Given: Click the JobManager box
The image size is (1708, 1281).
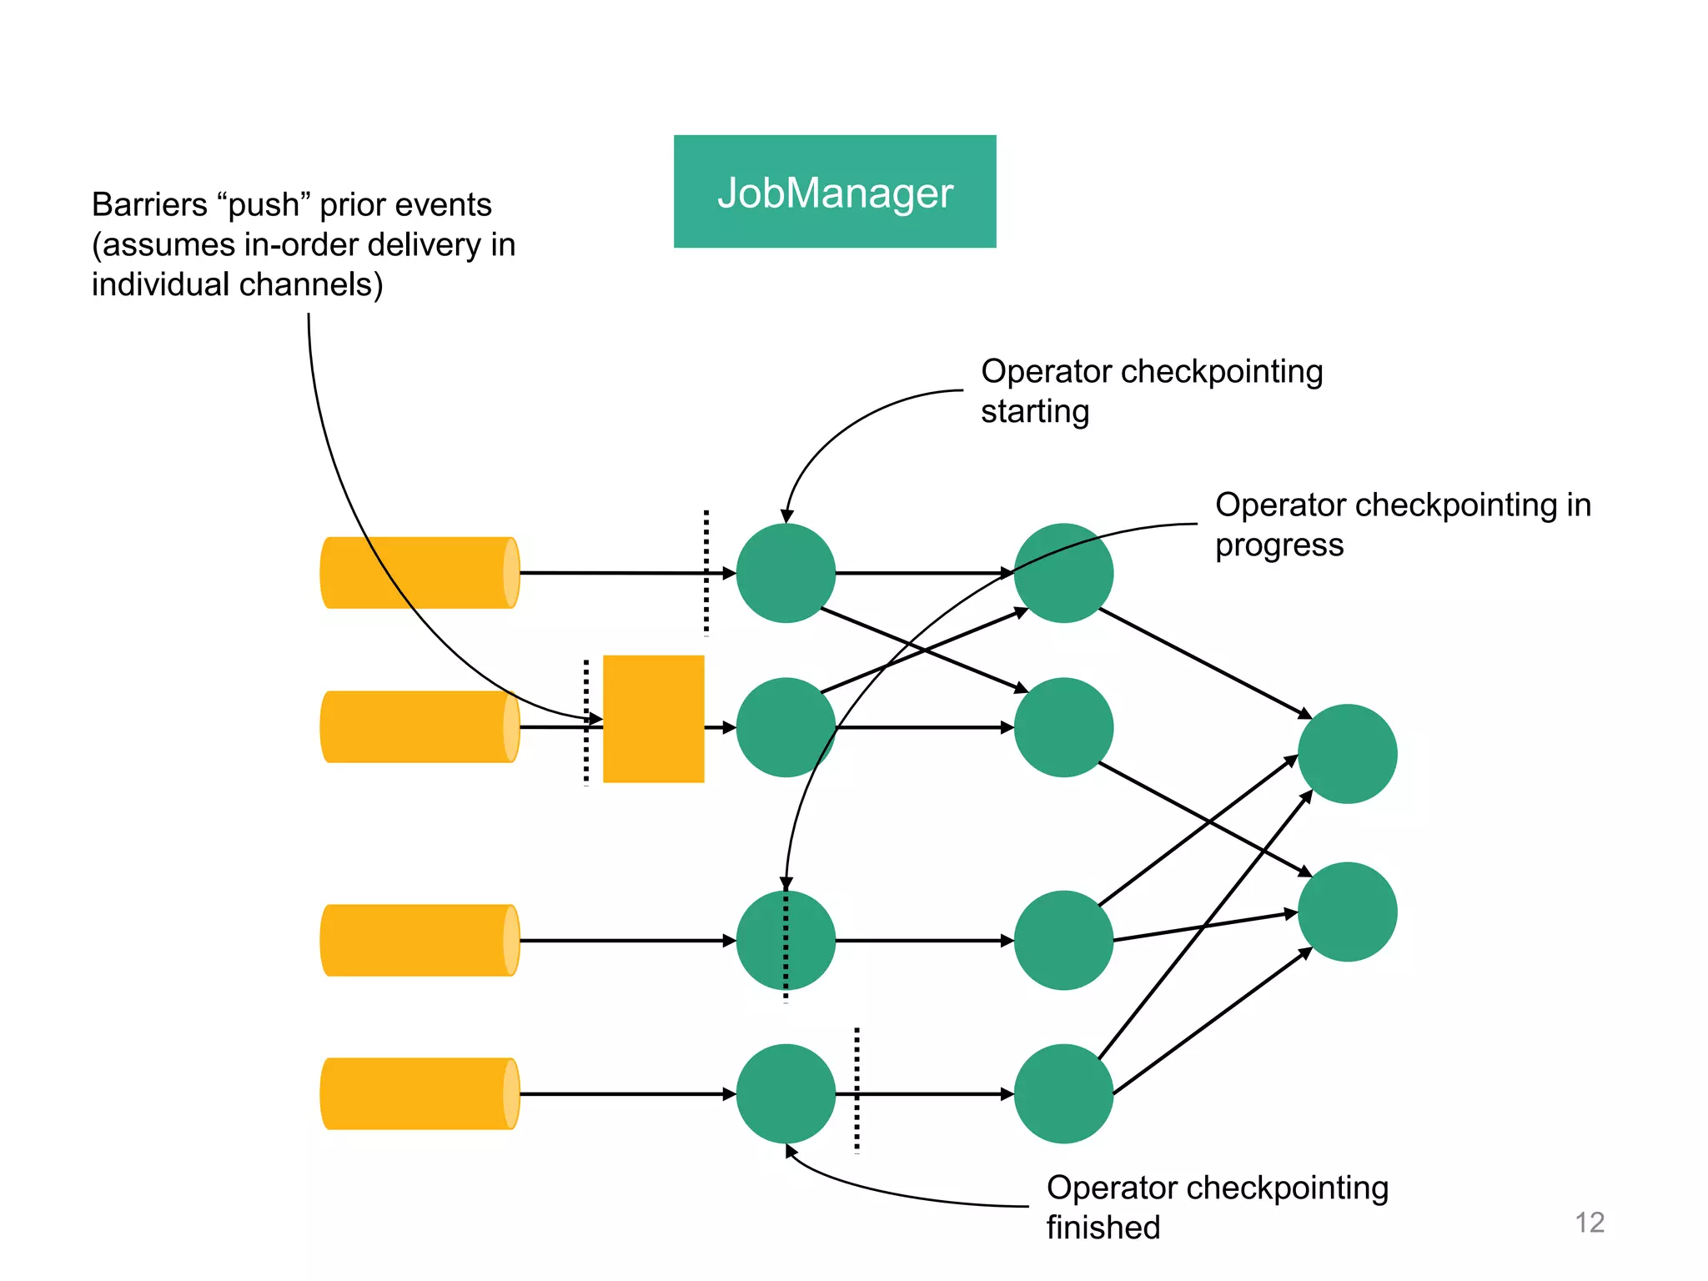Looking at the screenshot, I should coord(835,191).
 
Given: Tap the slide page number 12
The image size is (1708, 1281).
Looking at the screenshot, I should coord(1589,1223).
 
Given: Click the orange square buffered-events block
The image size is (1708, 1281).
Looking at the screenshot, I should coord(653,719).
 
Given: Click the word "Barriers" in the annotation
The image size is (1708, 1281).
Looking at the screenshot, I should coord(148,205).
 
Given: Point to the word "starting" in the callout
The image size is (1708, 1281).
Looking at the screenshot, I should coord(1034,412).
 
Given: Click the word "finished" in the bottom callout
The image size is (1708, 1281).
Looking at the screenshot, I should coord(1103,1228).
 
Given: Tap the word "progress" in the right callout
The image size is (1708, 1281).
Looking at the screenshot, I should coord(1278,545).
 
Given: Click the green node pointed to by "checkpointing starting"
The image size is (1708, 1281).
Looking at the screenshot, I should coord(786,573).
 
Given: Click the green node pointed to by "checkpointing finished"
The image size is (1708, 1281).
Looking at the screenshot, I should coord(786,1093).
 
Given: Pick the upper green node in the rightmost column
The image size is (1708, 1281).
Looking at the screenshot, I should coord(1347,754).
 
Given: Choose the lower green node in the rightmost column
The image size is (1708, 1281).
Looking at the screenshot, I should coord(1347,912).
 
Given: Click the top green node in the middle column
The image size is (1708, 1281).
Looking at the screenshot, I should coord(1063,573).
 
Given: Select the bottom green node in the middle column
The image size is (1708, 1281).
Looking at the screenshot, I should coord(1063,1093).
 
